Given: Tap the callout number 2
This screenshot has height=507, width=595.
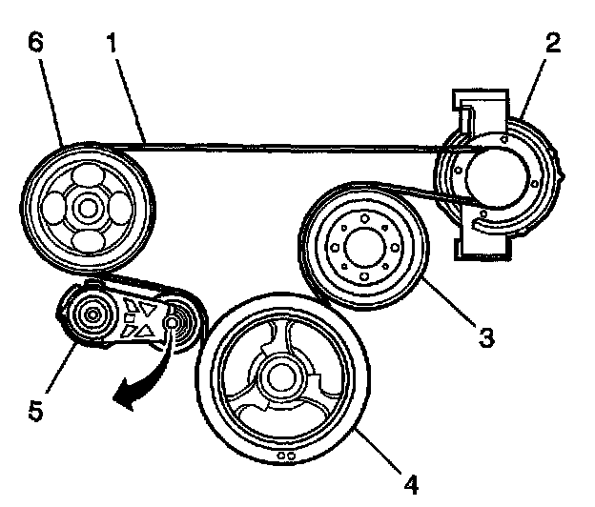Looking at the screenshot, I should [554, 44].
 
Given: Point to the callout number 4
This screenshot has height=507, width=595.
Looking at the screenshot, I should [410, 484].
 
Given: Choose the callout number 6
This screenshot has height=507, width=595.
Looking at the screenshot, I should [36, 44].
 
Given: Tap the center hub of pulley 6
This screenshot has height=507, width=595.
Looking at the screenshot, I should [88, 206].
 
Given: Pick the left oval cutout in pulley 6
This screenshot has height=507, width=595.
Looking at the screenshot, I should [58, 206].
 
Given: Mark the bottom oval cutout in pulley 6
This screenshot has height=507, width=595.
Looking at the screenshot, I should [88, 236].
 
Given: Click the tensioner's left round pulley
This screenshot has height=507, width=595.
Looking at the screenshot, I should [94, 314].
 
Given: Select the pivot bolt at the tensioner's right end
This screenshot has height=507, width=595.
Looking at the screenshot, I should [172, 325].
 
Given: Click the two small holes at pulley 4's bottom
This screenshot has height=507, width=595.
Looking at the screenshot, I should [283, 455].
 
